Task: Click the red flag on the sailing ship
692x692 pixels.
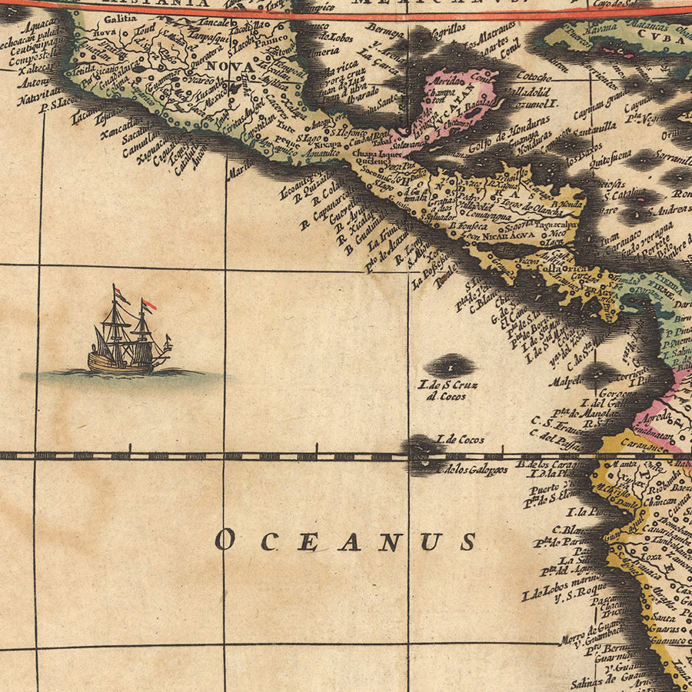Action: [149, 305]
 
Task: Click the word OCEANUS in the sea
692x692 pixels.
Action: [345, 541]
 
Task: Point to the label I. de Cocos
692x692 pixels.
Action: [461, 439]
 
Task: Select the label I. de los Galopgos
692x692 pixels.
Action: [472, 469]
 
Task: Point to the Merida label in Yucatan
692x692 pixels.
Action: [447, 80]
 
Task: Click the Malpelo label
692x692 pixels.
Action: [564, 381]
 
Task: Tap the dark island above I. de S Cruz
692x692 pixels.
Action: [449, 364]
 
